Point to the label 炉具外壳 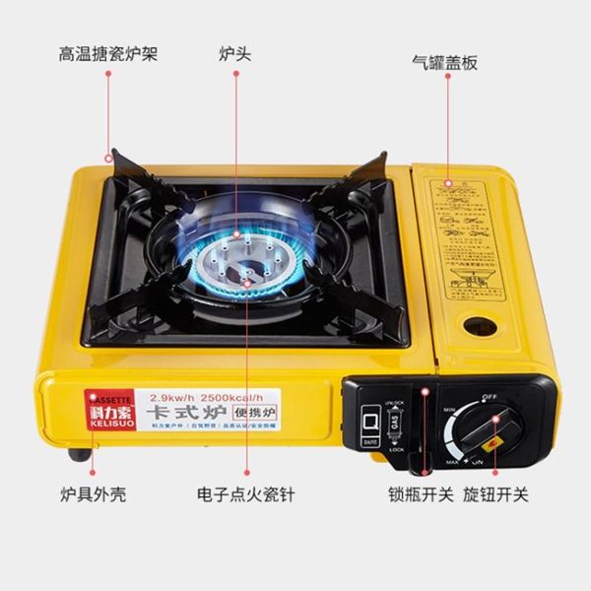pyautogui.click(x=93, y=494)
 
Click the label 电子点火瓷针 pyautogui.click(x=246, y=494)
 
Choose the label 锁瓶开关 pyautogui.click(x=422, y=494)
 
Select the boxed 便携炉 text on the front pyautogui.click(x=259, y=413)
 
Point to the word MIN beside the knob pyautogui.click(x=455, y=406)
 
